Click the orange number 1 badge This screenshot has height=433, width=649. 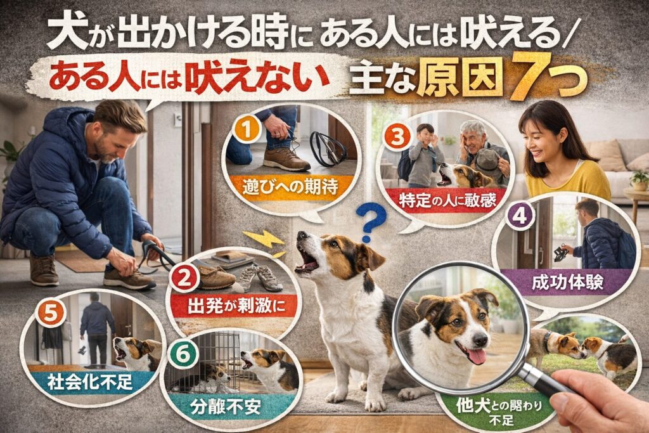click(247, 130)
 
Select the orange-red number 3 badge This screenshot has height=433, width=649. click(397, 138)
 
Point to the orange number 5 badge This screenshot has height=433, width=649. click(49, 313)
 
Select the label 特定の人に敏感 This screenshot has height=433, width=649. click(447, 201)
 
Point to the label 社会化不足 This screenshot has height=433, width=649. click(90, 382)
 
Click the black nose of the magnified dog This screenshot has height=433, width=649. click(481, 339)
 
